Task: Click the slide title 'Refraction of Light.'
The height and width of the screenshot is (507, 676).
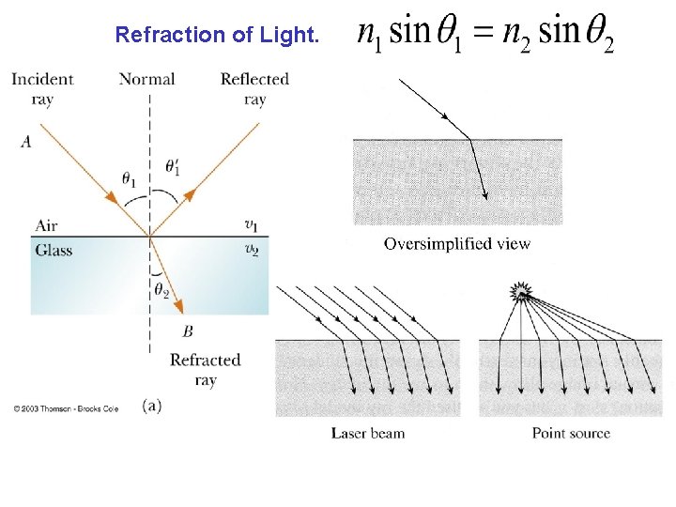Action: [217, 36]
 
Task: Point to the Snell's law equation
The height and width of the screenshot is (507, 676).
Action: [485, 34]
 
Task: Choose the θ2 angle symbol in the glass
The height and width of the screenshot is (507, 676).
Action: [161, 291]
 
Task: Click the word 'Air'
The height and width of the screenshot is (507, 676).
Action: [47, 225]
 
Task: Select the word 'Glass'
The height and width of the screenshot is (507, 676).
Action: [54, 250]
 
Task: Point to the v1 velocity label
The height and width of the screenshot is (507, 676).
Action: [251, 224]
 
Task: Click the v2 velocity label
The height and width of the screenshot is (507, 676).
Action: [251, 250]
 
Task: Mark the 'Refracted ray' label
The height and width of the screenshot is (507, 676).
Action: [206, 370]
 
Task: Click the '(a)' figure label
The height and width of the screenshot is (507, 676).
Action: [152, 406]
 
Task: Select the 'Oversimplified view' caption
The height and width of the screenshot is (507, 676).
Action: [457, 244]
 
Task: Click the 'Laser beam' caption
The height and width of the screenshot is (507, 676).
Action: [368, 433]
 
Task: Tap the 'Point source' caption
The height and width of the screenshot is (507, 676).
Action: [571, 433]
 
